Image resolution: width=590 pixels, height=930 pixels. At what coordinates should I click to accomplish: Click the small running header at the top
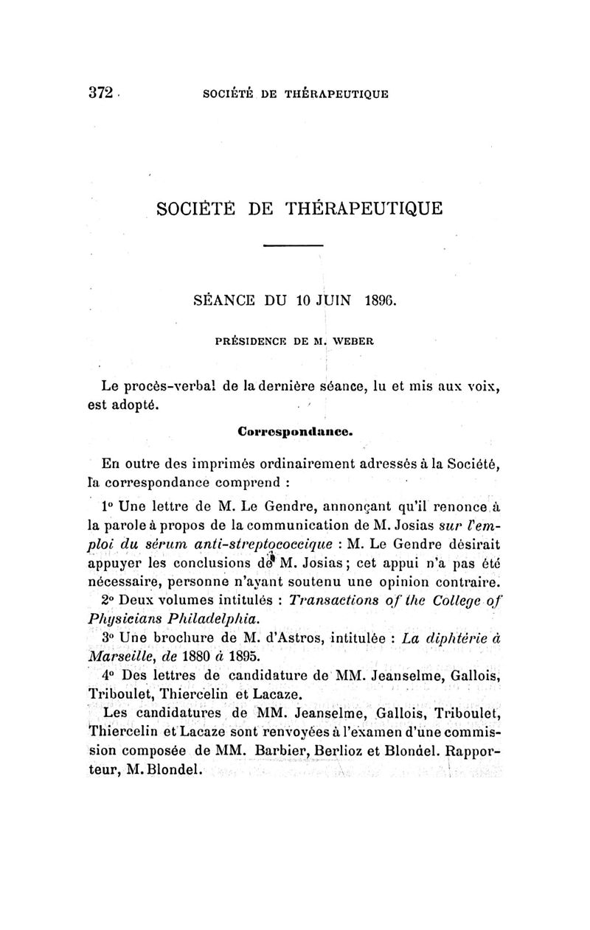click(x=295, y=94)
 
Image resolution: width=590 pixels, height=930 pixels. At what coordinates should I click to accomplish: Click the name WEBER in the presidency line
click(x=354, y=342)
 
